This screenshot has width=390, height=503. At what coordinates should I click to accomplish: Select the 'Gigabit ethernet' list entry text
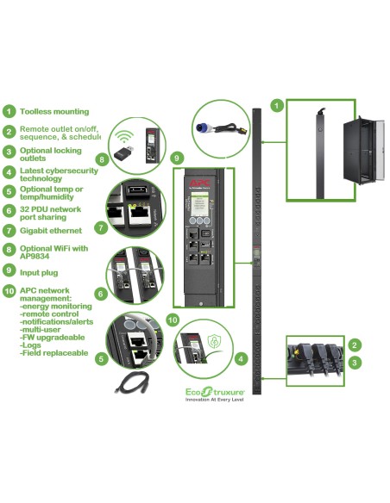coord(51,231)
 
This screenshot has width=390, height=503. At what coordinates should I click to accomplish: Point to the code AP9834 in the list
coord(36,256)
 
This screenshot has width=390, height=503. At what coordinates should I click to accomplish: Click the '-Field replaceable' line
coord(53,353)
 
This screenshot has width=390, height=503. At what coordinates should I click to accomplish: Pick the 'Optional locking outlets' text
coord(51,155)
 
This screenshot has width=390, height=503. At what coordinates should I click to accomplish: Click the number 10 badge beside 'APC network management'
coord(9,289)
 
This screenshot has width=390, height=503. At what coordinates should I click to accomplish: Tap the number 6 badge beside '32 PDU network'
coord(9,210)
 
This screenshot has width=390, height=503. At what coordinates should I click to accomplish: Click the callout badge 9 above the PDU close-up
coord(176,158)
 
